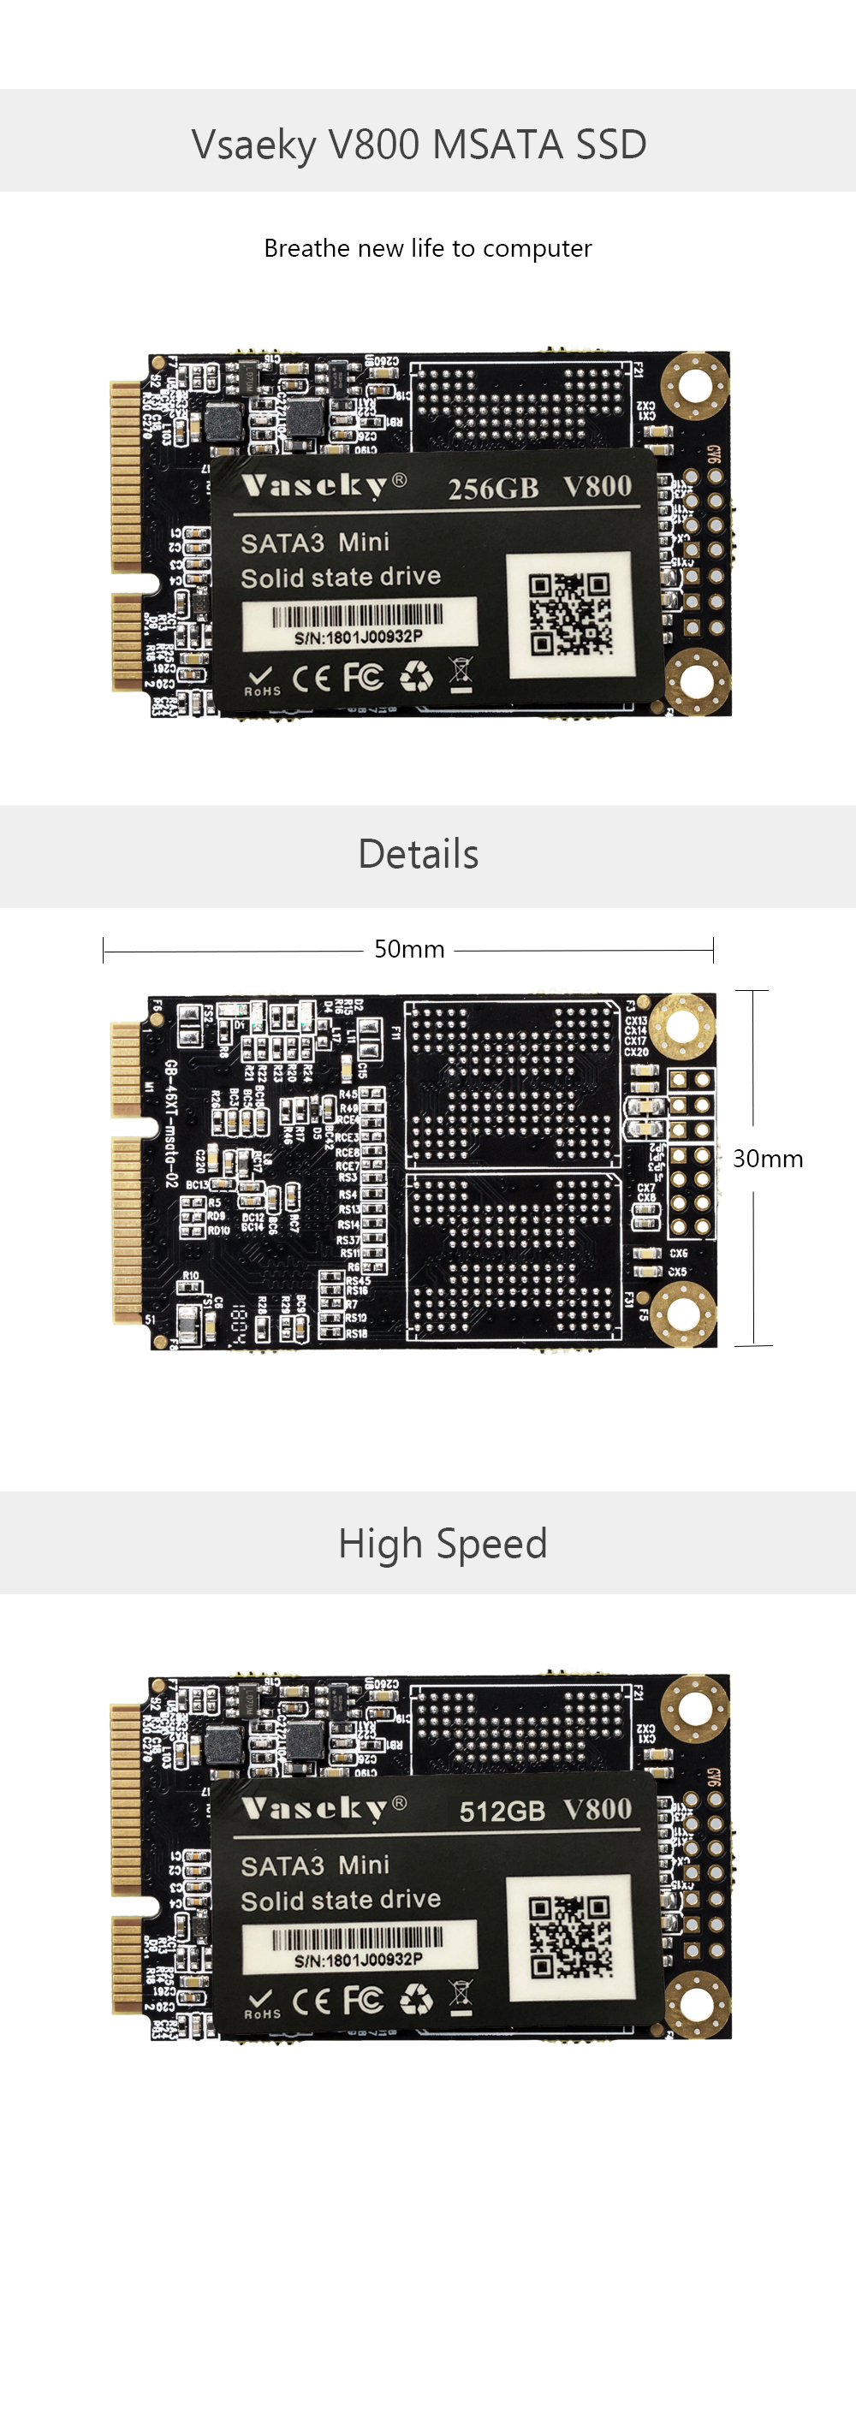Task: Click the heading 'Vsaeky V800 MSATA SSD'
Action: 419,144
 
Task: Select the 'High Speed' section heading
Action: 443,1544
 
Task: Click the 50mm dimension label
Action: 408,948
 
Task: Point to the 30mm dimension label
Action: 768,1159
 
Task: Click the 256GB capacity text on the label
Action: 492,489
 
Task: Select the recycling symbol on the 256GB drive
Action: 415,675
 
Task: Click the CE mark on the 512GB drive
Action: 311,2001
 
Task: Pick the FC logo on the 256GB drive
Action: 363,676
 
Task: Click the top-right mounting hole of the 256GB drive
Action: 695,384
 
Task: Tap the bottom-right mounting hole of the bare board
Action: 684,1313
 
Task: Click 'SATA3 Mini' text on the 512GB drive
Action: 314,1865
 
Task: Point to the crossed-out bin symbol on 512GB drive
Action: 461,1996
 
